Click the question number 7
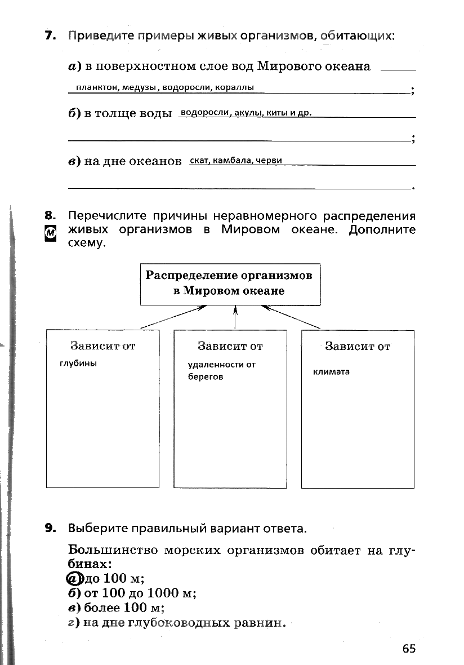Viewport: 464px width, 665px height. [x=50, y=36]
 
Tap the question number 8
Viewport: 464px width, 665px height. [x=50, y=215]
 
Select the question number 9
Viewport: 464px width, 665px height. [x=50, y=528]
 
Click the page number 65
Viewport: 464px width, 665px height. [x=409, y=649]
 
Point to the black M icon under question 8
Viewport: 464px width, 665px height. [x=50, y=232]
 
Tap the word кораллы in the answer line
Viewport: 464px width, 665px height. [x=237, y=87]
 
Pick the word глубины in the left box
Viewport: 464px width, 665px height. [x=78, y=363]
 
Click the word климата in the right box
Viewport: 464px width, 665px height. [x=331, y=371]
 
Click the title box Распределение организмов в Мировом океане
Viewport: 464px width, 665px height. [x=230, y=284]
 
